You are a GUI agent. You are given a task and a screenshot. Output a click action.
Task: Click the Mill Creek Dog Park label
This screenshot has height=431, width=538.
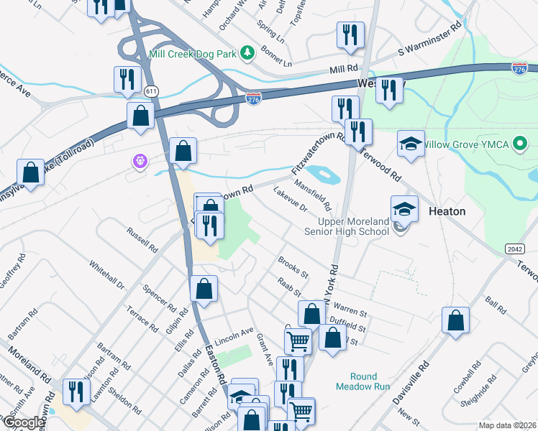193,53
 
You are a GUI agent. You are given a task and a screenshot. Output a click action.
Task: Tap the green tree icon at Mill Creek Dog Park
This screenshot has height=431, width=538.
247,52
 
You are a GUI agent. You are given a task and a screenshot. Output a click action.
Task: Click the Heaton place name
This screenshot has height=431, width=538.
447,212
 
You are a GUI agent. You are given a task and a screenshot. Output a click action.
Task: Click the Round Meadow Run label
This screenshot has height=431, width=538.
364,381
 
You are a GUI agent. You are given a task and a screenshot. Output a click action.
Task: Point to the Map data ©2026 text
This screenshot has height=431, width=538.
507,425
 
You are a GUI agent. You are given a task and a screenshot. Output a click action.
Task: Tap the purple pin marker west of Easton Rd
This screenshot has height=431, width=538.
139,163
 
